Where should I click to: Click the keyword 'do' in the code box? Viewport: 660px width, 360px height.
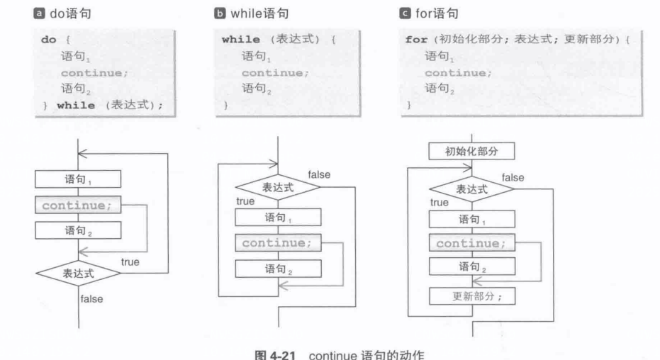47,40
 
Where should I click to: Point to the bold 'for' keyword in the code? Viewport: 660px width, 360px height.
415,40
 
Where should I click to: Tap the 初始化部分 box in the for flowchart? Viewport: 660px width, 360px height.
471,152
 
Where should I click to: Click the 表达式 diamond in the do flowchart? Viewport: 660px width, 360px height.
78,272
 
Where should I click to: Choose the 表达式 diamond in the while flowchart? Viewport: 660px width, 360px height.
278,189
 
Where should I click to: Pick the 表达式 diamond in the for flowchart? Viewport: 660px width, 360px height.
471,190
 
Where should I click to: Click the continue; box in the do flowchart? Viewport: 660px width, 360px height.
78,206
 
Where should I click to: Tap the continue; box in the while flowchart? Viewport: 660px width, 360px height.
278,243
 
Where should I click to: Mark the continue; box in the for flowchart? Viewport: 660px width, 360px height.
471,244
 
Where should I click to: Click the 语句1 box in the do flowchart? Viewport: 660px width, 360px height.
78,180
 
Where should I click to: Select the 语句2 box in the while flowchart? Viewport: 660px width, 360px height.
278,268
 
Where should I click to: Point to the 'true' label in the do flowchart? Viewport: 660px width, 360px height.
130,262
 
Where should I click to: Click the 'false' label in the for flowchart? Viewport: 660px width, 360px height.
513,178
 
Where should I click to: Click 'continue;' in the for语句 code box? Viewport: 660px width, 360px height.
457,72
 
